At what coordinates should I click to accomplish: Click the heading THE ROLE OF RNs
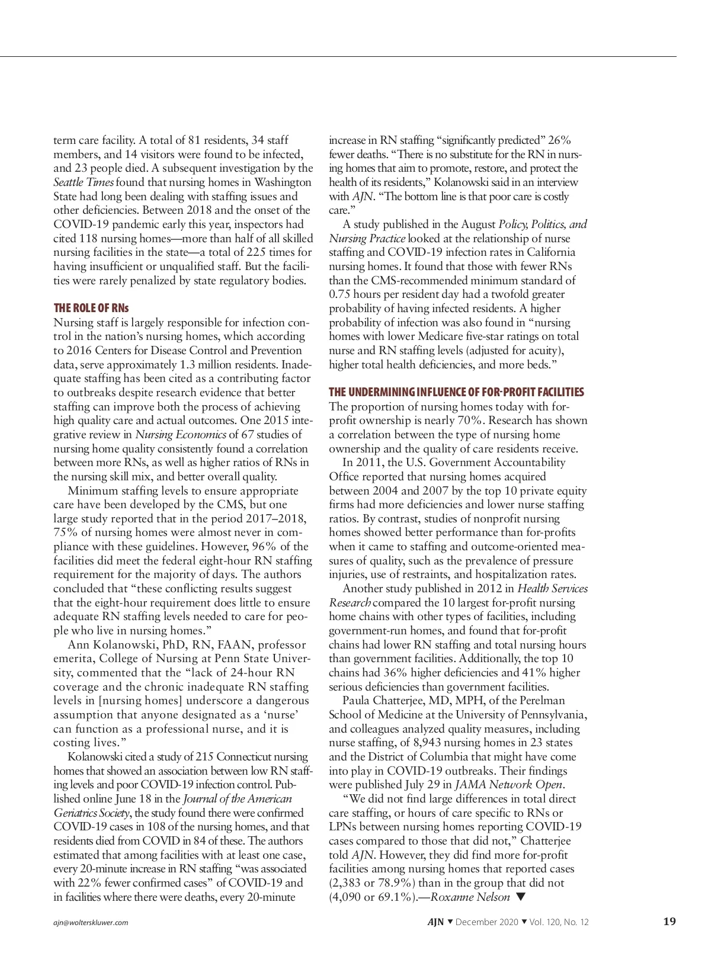91,308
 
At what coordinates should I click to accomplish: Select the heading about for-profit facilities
456,392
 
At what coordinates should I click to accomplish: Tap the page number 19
669,921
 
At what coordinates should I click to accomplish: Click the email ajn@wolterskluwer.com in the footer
91,922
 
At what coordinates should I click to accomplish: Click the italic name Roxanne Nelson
470,897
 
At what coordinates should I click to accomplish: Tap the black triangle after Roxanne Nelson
521,897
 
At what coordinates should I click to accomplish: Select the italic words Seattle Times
84,182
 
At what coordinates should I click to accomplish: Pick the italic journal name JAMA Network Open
508,785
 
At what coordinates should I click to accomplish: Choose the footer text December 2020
486,922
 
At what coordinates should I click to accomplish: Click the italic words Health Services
552,589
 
